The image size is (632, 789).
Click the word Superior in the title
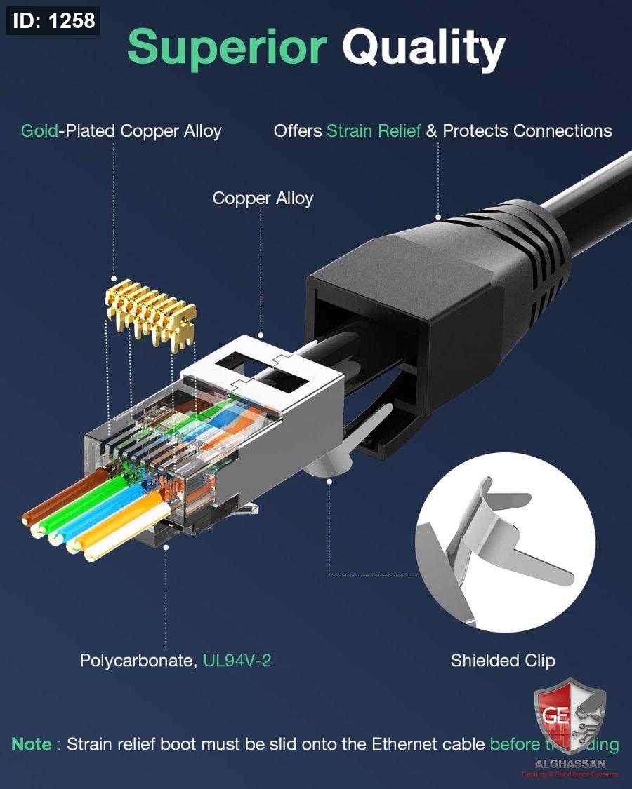point(227,48)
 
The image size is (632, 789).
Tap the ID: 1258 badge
point(53,20)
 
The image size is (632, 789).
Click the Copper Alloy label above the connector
point(263,198)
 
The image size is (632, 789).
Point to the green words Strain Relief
point(374,131)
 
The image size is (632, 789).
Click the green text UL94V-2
point(237,661)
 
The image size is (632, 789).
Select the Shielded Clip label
point(503,661)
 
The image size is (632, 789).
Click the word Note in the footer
point(32,744)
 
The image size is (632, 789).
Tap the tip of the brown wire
point(28,519)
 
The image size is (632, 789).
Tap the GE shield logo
point(570,715)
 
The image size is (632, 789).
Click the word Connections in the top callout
point(562,131)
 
